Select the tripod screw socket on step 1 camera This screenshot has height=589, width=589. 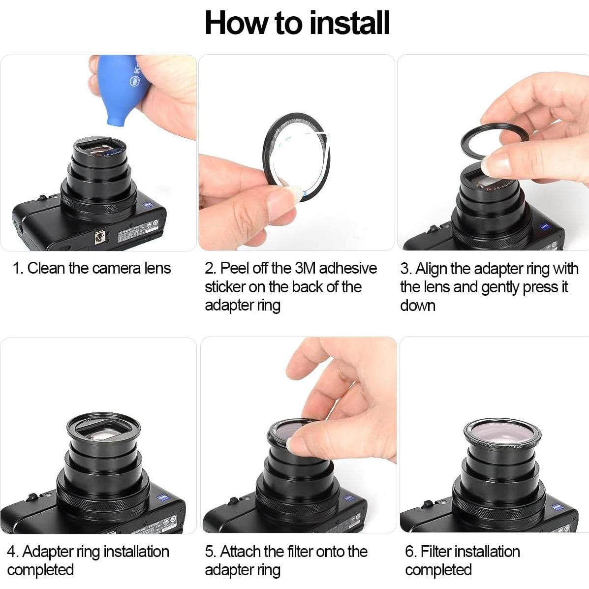[x=100, y=239]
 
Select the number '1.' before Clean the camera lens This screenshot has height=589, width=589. [x=18, y=269]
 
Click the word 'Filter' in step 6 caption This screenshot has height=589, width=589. [x=438, y=552]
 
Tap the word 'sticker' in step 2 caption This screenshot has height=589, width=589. [x=224, y=287]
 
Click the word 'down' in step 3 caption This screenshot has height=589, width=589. [x=417, y=306]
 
